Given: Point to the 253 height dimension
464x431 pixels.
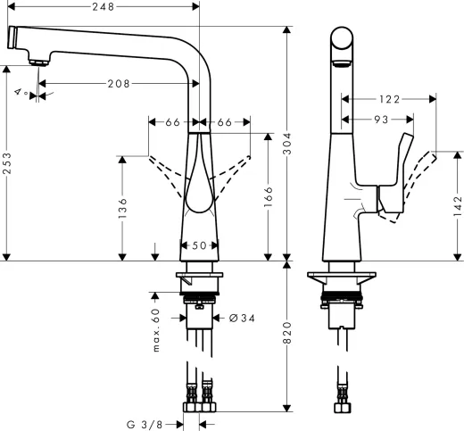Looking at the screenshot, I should point(8,164).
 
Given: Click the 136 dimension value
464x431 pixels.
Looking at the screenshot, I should point(122,207).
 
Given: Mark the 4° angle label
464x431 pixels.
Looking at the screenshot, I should point(20,91).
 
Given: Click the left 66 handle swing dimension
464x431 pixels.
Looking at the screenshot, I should point(171,120).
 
